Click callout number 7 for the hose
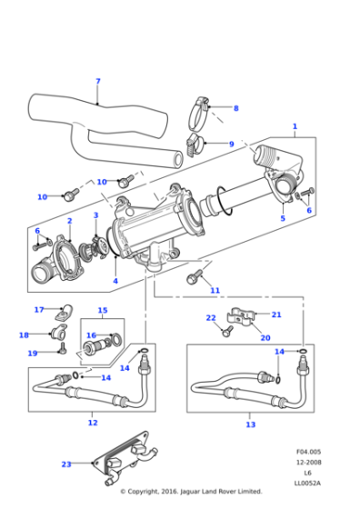(x=98, y=82)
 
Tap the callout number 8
(x=235, y=108)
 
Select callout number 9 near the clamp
(x=231, y=144)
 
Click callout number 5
(x=282, y=218)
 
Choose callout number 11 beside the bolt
(x=215, y=290)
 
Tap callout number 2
(x=69, y=221)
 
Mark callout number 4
(x=115, y=281)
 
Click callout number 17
(x=39, y=310)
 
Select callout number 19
(x=32, y=353)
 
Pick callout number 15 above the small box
(x=103, y=311)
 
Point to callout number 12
(x=93, y=423)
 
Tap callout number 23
(x=66, y=464)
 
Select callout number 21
(x=276, y=314)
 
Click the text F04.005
(x=308, y=452)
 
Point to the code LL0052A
(x=308, y=482)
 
